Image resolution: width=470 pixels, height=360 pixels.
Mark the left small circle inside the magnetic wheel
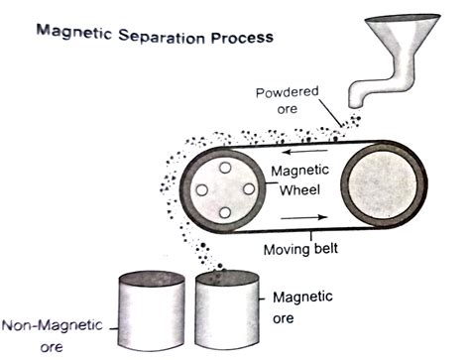point(201,188)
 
